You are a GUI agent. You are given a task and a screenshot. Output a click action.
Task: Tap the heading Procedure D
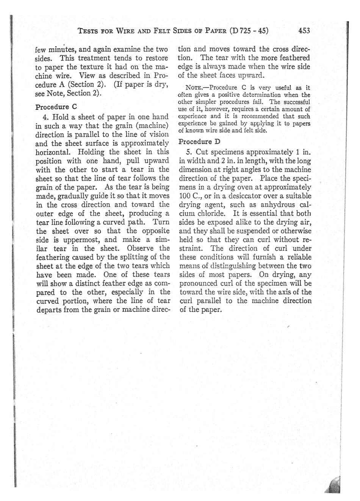tap(199, 142)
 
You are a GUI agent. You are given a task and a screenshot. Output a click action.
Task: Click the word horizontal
tap(53, 152)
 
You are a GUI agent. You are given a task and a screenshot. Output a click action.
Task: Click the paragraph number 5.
tap(188, 152)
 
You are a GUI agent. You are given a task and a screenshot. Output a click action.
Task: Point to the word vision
tap(159, 134)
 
